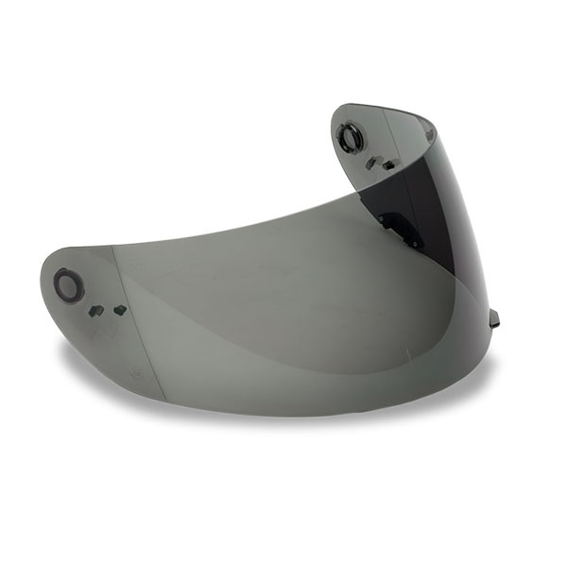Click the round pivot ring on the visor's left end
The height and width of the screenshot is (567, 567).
[68, 283]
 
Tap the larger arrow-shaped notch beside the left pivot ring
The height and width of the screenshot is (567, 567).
[96, 310]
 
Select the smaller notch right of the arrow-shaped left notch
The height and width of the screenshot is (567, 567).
[119, 309]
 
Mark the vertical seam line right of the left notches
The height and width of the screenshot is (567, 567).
[114, 283]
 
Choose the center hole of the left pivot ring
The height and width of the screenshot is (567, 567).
[68, 283]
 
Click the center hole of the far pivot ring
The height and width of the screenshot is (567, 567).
[352, 138]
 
